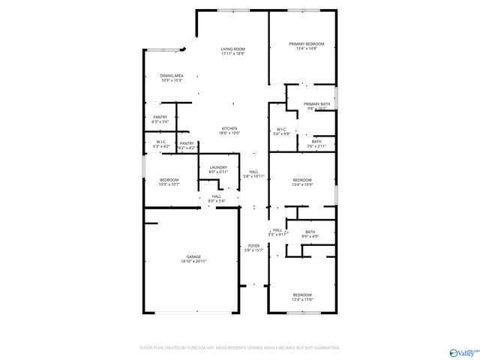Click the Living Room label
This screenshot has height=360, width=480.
[233, 51]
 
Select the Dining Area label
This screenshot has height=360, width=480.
[172, 77]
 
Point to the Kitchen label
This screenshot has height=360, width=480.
[229, 130]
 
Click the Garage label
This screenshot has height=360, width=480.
[193, 259]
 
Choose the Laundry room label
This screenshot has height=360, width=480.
[218, 169]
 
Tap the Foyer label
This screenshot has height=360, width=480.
[254, 247]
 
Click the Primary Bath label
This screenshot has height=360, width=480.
[316, 106]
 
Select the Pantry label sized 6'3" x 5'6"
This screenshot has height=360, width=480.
[160, 118]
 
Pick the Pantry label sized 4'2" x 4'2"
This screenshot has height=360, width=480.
[187, 145]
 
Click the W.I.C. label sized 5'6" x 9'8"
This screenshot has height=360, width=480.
[282, 131]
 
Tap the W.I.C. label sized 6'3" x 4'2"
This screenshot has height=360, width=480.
[161, 144]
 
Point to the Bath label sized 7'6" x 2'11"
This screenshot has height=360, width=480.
[316, 143]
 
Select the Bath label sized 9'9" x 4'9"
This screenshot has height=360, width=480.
[310, 234]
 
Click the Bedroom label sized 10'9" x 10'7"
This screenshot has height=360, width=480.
[169, 181]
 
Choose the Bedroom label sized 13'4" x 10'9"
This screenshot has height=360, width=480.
[302, 181]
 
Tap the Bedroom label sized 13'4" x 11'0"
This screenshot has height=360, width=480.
[302, 296]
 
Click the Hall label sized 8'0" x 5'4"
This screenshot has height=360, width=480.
[216, 199]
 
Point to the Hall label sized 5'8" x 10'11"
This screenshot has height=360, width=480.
[254, 174]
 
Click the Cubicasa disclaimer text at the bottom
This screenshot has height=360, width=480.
[240, 348]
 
